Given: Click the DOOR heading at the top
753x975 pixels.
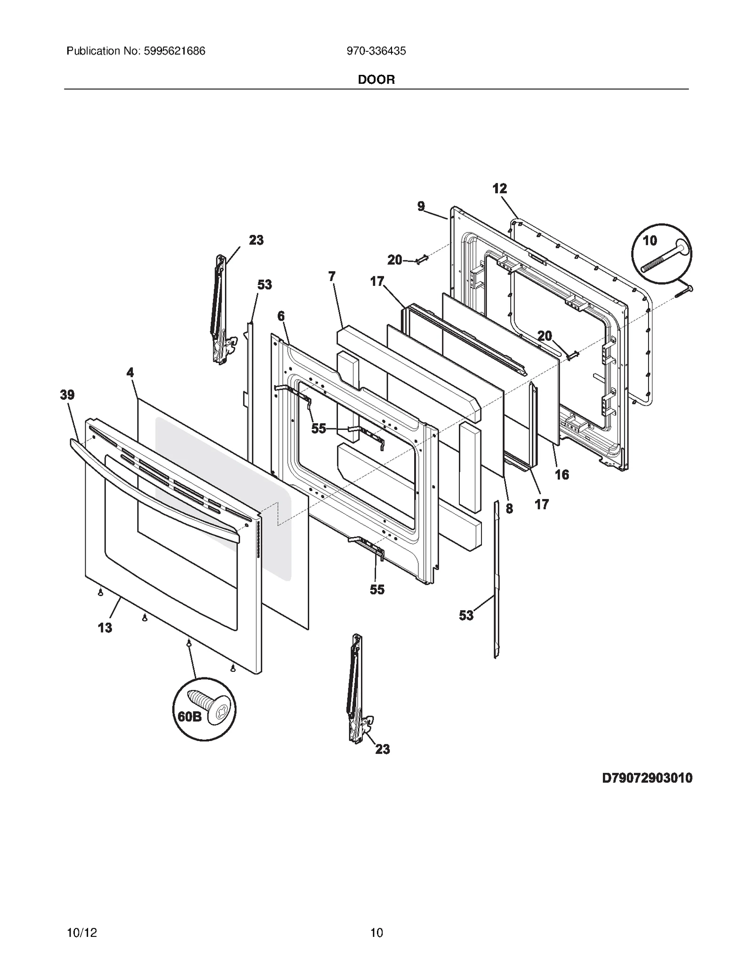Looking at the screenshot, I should [376, 80].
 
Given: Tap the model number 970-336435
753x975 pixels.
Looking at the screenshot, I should [376, 51].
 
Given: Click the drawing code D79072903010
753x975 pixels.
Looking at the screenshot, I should [647, 778].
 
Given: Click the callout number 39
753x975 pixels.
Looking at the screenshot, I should [67, 395].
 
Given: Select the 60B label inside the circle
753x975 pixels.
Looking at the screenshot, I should [189, 716].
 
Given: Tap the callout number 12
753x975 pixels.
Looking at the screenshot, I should [499, 188].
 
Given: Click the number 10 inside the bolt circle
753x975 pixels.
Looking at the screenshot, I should [649, 241].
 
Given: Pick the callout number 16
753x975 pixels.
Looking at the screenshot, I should [562, 475].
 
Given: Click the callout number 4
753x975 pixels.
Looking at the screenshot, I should [130, 372].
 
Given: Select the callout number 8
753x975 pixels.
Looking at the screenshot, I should [509, 508].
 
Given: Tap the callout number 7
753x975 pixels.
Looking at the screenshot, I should [332, 276].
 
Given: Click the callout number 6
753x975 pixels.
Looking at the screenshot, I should [281, 316].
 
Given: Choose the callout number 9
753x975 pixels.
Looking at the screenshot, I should [421, 206].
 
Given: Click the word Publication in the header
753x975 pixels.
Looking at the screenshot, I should [94, 51].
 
